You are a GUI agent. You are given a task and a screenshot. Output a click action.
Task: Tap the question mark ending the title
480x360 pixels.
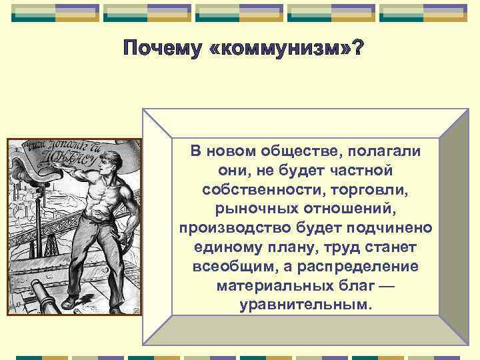(357, 49)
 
